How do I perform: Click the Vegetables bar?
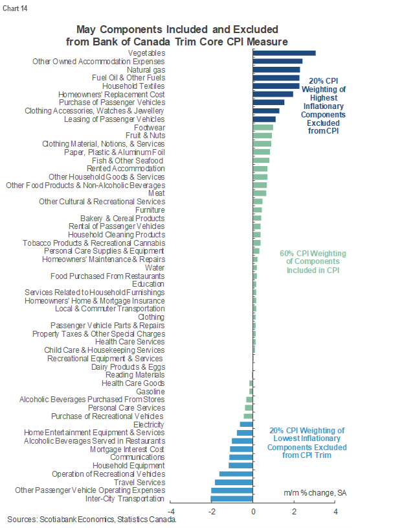[x=284, y=53]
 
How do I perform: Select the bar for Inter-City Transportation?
[x=232, y=499]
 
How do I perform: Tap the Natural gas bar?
[x=276, y=69]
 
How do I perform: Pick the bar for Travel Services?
[x=234, y=482]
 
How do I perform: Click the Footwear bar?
[x=263, y=127]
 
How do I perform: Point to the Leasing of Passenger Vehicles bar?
[x=264, y=119]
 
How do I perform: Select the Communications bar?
[x=241, y=457]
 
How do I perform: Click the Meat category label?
[x=156, y=193]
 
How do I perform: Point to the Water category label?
[x=155, y=267]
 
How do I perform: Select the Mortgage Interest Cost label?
[x=127, y=449]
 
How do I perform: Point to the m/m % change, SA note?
[x=315, y=493]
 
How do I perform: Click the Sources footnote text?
[x=91, y=520]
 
